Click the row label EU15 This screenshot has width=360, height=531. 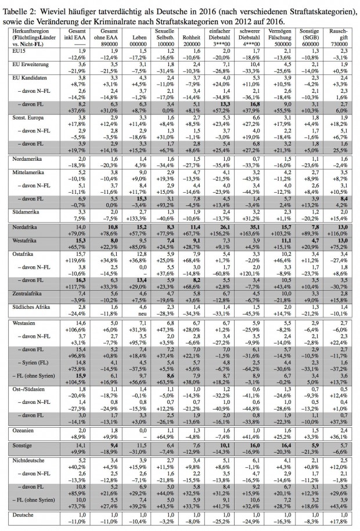(13, 50)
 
